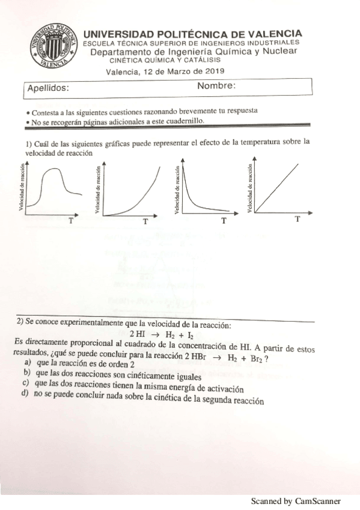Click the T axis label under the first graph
tap(72, 221)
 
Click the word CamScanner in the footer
tap(318, 500)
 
